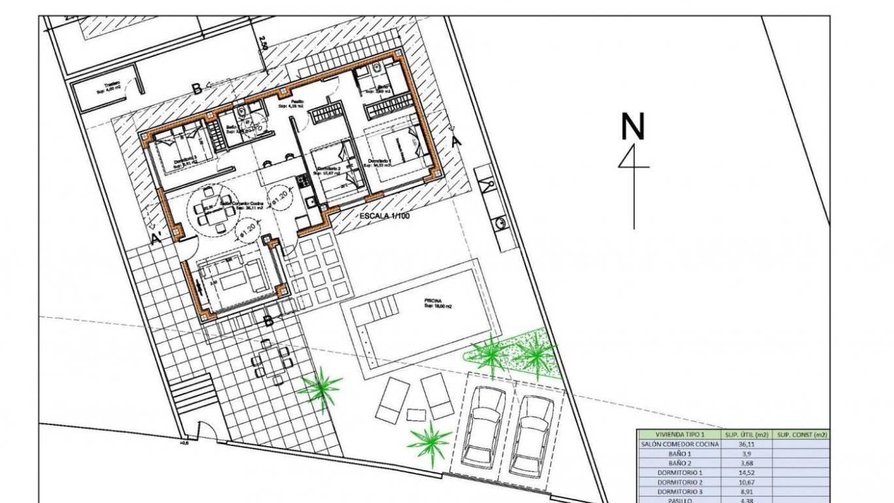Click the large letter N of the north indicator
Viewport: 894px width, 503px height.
(x=632, y=127)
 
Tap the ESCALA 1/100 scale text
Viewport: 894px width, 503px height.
(x=385, y=215)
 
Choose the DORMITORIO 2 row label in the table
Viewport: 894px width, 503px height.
(x=680, y=481)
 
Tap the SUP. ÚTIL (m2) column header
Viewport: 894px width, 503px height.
(x=745, y=434)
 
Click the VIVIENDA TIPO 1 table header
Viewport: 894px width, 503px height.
(x=680, y=434)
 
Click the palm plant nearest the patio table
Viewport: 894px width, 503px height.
(x=321, y=389)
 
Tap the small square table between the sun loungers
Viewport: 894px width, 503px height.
(x=416, y=414)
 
